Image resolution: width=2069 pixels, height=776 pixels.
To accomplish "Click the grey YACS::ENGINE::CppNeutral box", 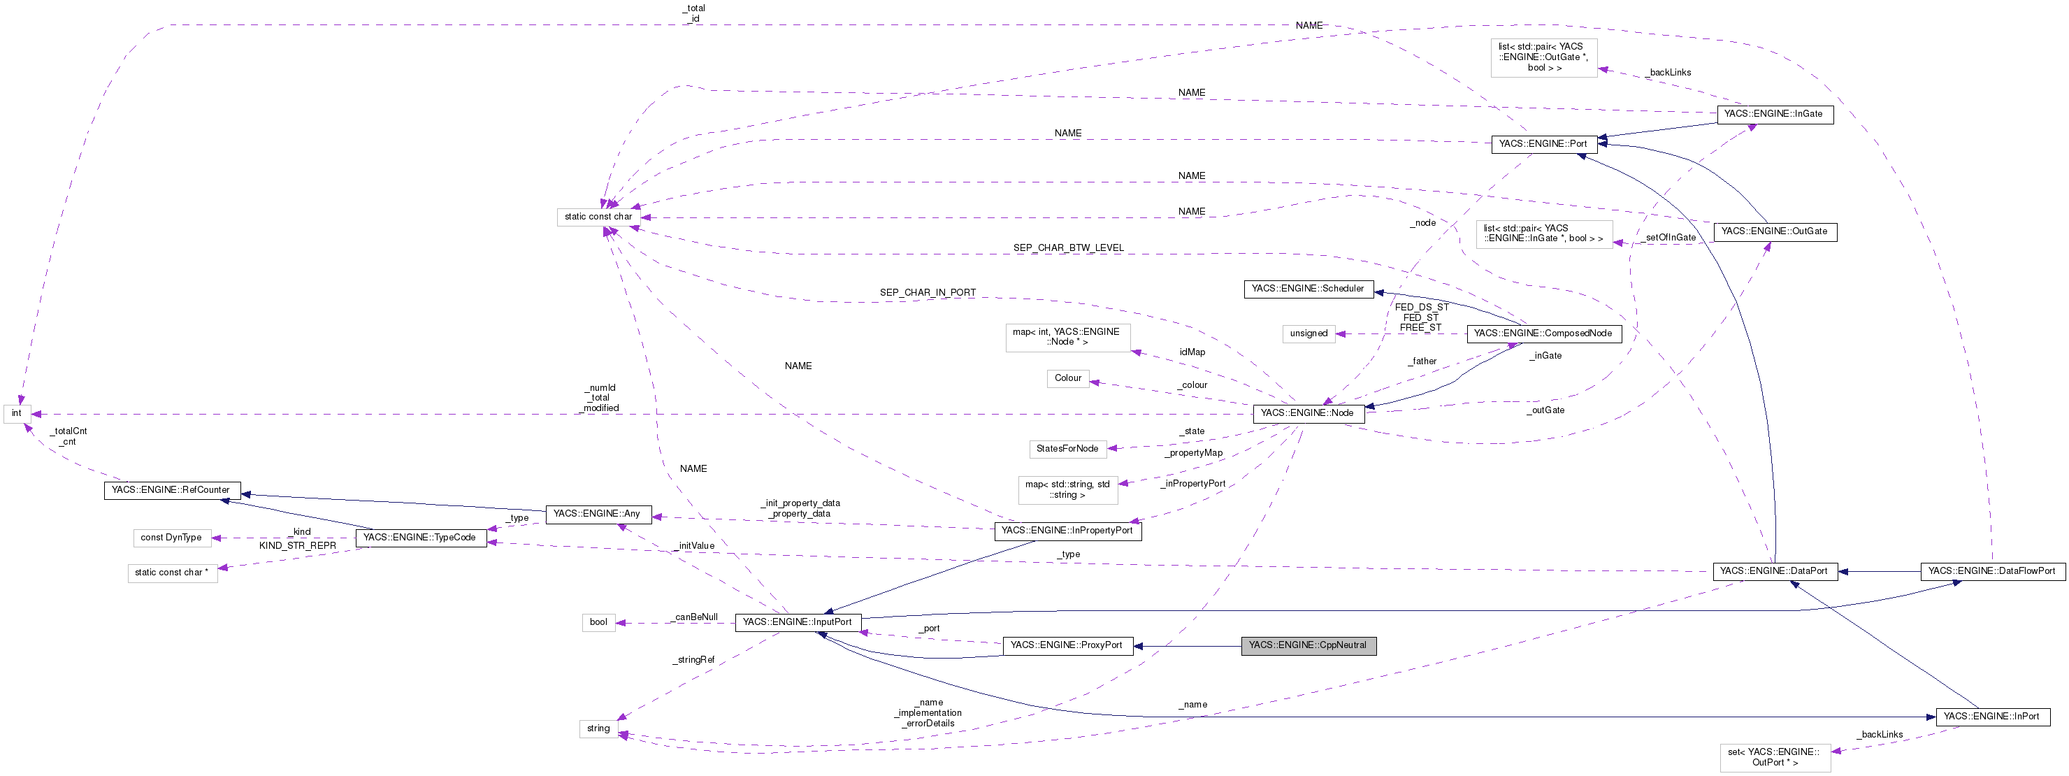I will click(x=1308, y=645).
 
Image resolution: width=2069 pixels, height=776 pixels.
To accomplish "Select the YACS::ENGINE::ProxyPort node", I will click(x=1067, y=645).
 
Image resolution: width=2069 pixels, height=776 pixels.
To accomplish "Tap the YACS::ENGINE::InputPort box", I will click(x=798, y=621).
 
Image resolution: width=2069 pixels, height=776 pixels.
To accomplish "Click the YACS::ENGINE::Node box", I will click(x=1308, y=413).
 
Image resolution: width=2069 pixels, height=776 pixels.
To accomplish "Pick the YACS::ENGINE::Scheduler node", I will click(x=1308, y=289).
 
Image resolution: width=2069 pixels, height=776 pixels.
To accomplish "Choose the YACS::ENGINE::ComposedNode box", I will click(x=1543, y=333).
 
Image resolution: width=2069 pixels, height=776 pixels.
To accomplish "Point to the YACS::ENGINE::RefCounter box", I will click(x=171, y=490).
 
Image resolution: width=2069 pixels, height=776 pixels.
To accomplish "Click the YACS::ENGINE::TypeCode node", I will click(x=420, y=538).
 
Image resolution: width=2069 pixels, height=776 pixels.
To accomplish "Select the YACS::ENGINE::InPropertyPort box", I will click(x=1067, y=530).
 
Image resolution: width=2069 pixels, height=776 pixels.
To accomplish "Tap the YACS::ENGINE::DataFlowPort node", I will click(x=1992, y=571).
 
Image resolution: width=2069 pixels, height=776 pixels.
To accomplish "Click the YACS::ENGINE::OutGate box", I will click(x=1774, y=231).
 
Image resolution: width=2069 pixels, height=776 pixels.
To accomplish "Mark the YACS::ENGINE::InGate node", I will click(x=1773, y=114).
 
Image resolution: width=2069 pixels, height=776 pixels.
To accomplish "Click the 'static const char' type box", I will click(x=598, y=217).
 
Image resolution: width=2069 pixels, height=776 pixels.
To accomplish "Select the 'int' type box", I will click(x=17, y=414).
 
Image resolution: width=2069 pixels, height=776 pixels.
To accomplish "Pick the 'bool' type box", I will click(x=599, y=621).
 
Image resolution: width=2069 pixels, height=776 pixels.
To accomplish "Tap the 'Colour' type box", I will click(x=1067, y=378).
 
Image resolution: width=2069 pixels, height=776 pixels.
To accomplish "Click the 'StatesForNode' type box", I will click(x=1067, y=448).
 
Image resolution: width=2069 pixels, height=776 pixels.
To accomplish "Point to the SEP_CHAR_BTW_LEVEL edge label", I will click(x=1068, y=248).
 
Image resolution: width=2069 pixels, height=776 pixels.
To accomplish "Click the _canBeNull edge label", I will click(x=695, y=617).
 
